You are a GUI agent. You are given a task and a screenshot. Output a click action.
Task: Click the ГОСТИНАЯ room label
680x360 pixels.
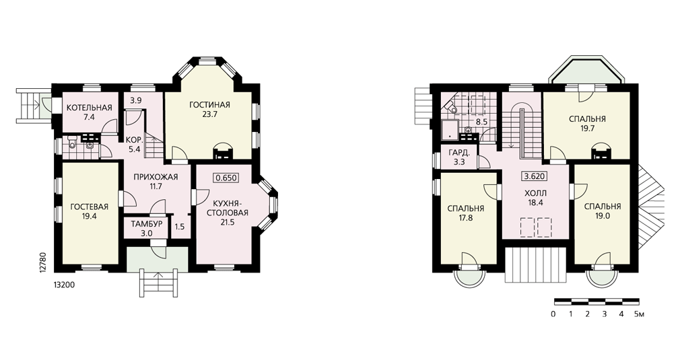209,105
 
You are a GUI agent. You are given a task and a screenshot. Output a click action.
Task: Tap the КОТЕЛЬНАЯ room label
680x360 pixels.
89,108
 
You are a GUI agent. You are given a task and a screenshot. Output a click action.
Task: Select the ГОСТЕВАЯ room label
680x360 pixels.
89,207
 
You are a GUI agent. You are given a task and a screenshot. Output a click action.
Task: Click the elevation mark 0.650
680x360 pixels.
226,178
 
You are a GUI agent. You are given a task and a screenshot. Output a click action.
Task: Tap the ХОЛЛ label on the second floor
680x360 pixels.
535,192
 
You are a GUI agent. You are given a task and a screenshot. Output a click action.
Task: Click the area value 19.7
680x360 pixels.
587,129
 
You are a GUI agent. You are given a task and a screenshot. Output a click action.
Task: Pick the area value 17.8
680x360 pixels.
465,218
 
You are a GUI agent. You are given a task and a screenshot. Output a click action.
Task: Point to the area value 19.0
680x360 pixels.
603,216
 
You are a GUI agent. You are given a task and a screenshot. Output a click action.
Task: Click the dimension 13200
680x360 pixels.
63,285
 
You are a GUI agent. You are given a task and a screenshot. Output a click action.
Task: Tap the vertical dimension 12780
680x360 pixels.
42,262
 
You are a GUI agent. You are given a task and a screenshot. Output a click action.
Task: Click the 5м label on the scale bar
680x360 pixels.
639,314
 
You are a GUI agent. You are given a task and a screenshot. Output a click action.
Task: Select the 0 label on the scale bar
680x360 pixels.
553,314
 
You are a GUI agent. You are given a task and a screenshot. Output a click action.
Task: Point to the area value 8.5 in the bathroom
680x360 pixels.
482,122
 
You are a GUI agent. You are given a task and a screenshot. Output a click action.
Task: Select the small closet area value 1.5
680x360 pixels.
180,227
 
